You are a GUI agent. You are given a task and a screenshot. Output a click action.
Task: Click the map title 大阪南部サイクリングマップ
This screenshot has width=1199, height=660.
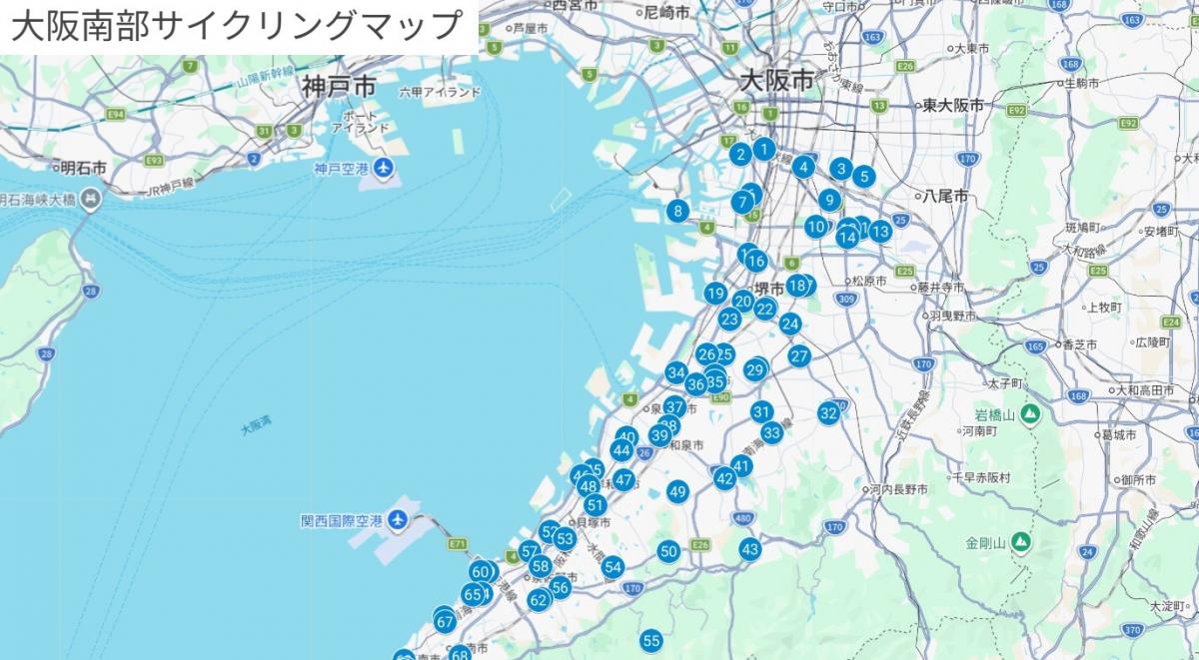[x=238, y=26]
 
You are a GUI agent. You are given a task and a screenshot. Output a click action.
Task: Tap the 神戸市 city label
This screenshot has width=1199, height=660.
[x=339, y=88]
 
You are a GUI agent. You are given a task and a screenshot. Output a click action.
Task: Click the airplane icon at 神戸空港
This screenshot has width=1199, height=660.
[x=385, y=169]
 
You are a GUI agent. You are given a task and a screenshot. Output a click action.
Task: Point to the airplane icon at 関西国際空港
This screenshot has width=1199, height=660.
[x=398, y=520]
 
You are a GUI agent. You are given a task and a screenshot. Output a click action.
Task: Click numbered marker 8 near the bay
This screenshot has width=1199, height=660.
[x=678, y=211]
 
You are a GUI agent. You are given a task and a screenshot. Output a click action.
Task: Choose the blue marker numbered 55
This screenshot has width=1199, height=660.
[x=651, y=641]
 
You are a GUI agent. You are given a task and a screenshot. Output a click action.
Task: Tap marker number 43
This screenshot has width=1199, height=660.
[x=750, y=549]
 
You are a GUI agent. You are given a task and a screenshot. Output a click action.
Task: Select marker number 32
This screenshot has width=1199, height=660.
[x=828, y=412]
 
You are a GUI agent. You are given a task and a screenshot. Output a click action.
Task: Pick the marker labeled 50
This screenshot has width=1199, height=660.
[x=669, y=551]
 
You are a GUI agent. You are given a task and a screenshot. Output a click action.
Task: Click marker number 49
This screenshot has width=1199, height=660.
[x=678, y=491]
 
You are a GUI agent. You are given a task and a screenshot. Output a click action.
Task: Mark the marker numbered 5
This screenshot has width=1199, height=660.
[x=864, y=178]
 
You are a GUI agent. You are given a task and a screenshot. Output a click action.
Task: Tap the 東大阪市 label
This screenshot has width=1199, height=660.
[x=952, y=105]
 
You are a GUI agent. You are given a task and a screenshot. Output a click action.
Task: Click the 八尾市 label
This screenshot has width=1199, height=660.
[x=945, y=197]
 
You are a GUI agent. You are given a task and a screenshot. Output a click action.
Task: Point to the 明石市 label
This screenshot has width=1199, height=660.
[x=83, y=167]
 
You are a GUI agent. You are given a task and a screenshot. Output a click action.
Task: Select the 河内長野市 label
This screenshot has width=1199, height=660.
[x=898, y=490]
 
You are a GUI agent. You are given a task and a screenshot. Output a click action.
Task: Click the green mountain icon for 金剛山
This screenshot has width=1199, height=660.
[x=1020, y=544]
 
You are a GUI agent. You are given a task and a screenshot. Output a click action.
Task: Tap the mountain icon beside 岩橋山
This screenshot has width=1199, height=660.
[x=1030, y=413]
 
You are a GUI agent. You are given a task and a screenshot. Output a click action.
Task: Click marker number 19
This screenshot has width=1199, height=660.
[x=714, y=294]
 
